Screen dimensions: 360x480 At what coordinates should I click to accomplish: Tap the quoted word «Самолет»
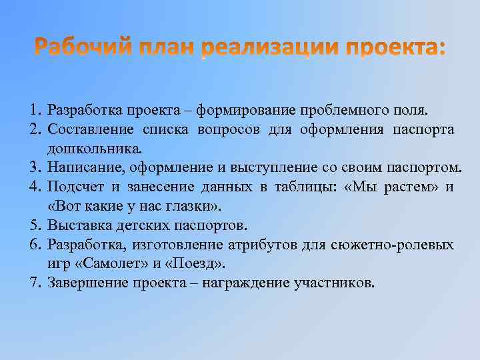click(104, 264)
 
